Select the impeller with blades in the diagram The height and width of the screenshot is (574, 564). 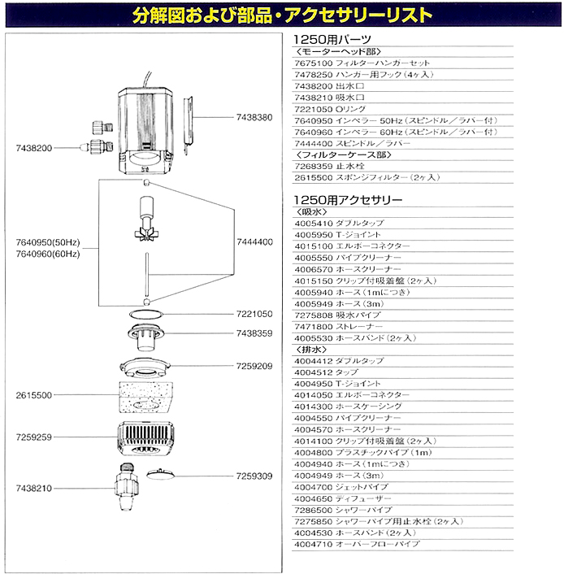(146, 229)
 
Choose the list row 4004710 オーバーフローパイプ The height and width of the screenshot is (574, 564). (357, 542)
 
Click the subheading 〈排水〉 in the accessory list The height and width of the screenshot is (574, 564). (312, 349)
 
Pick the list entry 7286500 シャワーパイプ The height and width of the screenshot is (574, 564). (343, 508)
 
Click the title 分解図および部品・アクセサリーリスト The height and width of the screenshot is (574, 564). (281, 15)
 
